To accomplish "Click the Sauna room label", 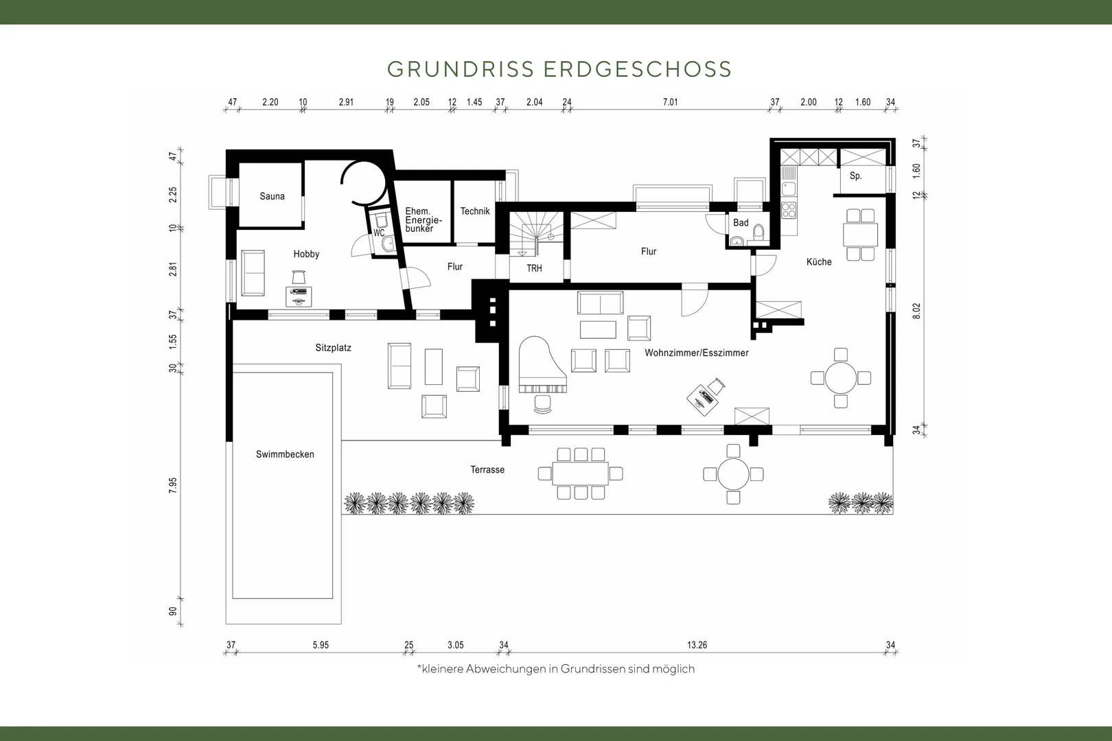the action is (x=272, y=196).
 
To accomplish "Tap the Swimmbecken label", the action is (x=285, y=454).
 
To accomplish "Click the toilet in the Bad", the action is (x=758, y=232).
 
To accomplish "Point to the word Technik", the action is (x=475, y=211).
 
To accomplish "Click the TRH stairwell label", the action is (x=534, y=268).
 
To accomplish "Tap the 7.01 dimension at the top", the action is (x=670, y=102).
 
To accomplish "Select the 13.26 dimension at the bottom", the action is (x=697, y=645).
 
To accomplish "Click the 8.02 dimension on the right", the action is (x=916, y=311).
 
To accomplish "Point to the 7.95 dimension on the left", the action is (x=173, y=485).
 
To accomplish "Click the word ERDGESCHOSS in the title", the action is (x=638, y=69).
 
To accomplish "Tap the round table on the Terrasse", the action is (x=733, y=474).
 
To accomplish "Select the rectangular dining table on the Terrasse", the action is (x=580, y=473).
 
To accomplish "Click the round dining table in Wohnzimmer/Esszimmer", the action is (x=840, y=378).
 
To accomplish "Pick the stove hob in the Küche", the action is (x=789, y=210).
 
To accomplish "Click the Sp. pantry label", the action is (x=855, y=176).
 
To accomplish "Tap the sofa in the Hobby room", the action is (x=253, y=273).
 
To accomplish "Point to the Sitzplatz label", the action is (x=333, y=348).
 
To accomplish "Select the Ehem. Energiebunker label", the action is (x=423, y=220).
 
